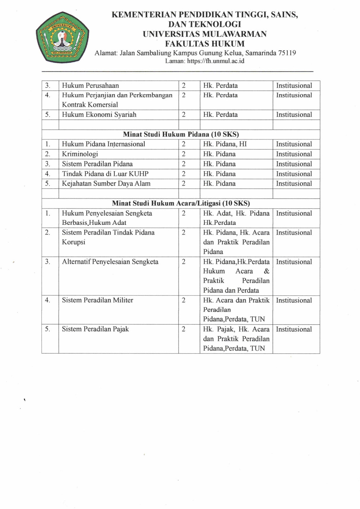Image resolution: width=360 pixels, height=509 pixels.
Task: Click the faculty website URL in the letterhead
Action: tap(215, 61)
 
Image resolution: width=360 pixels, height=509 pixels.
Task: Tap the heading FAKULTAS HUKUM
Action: tap(204, 44)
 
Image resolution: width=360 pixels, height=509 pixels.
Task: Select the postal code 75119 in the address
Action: tap(287, 53)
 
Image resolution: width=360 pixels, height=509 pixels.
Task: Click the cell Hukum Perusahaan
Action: tap(90, 86)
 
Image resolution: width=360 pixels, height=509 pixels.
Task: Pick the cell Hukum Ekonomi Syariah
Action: tap(99, 115)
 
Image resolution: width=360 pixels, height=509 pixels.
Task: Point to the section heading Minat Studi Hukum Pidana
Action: tap(181, 134)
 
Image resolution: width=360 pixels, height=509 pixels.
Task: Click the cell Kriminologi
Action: tap(80, 154)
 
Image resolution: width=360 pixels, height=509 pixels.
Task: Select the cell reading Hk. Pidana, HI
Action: tap(225, 144)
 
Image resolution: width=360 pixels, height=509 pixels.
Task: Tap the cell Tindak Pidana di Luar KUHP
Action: tap(105, 174)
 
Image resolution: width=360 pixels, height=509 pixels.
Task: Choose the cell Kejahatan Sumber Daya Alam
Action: tap(106, 184)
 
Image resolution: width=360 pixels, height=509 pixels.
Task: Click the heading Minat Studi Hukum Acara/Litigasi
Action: tap(181, 203)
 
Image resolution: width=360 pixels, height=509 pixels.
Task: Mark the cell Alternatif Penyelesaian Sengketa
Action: tap(110, 262)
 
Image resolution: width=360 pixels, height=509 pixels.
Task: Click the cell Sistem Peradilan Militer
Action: tap(98, 300)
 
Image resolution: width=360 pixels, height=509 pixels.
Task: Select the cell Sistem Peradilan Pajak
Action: tap(95, 329)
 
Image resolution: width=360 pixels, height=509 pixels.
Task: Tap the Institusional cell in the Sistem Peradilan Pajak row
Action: tap(294, 329)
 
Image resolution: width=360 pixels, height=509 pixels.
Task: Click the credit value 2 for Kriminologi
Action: tap(184, 154)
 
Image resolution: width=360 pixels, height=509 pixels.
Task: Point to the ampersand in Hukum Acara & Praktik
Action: tap(266, 271)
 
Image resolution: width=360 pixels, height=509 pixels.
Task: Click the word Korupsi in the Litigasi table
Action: tap(73, 242)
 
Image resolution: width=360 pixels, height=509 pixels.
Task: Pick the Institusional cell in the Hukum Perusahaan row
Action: tap(294, 86)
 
